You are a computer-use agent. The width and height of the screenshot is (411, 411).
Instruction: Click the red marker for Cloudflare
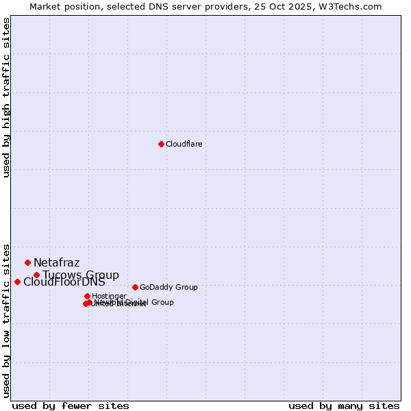(x=161, y=144)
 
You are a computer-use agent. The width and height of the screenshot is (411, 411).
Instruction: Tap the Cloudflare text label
(x=184, y=145)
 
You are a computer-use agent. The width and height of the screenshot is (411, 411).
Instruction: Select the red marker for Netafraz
(x=27, y=262)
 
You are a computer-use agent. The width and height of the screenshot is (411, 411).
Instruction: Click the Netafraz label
(x=56, y=263)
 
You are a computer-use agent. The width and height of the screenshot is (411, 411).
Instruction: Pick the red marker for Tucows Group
(x=36, y=275)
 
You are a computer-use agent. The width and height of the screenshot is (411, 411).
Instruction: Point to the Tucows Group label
(x=81, y=275)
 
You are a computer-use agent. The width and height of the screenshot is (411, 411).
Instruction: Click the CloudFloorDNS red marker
(x=17, y=282)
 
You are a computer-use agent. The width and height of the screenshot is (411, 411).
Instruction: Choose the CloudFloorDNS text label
(x=64, y=282)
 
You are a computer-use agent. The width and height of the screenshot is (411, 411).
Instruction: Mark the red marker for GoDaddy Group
(x=135, y=287)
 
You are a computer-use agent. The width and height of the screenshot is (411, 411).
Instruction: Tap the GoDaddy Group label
(x=169, y=288)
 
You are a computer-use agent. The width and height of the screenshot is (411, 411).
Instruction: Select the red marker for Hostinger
(x=87, y=296)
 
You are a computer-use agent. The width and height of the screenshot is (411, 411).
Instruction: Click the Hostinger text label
(x=109, y=297)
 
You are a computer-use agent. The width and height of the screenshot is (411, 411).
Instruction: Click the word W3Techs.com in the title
(x=352, y=6)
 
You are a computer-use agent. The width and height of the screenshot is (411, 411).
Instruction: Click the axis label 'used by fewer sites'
(x=71, y=406)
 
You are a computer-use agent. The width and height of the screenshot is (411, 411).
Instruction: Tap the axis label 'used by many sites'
(x=344, y=406)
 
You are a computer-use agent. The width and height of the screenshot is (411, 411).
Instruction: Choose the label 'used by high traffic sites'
(x=7, y=97)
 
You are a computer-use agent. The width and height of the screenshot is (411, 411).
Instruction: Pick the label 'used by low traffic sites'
(x=7, y=320)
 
